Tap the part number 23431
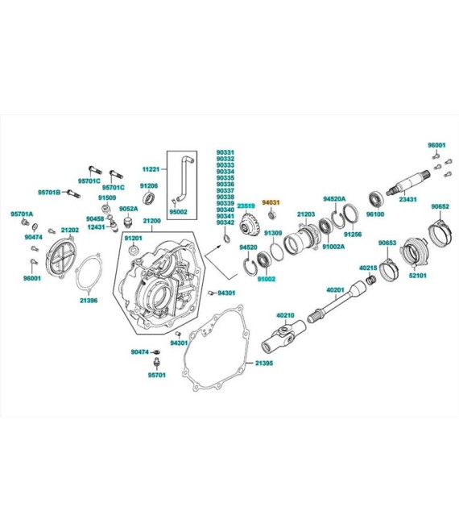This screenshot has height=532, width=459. [408, 199]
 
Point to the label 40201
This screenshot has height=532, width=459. [335, 289]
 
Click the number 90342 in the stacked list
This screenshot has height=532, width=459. [225, 222]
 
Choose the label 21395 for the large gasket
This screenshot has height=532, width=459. [265, 364]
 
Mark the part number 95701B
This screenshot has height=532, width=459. [50, 192]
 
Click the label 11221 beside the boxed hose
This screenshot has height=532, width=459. [152, 169]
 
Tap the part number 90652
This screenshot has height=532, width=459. [440, 206]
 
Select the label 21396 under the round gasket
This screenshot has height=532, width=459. [89, 300]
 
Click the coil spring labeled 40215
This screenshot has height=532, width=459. [372, 279]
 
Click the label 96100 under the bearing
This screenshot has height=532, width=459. [375, 214]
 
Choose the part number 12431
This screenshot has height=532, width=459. [97, 227]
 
